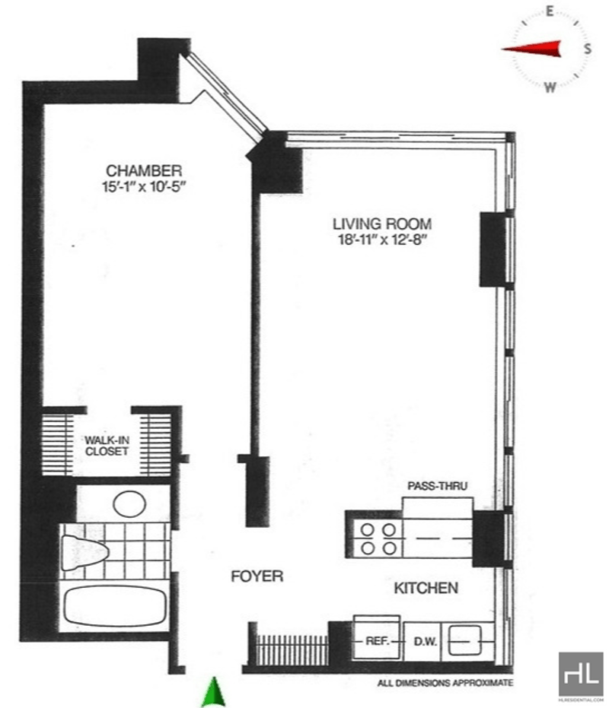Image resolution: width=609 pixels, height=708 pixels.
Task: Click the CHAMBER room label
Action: tap(144, 170)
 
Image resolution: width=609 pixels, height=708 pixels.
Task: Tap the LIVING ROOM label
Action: tap(382, 224)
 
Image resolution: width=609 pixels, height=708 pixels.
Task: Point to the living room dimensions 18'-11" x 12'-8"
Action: tap(382, 240)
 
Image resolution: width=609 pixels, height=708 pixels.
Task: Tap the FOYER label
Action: tap(257, 576)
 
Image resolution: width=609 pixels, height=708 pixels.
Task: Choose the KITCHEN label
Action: tap(426, 588)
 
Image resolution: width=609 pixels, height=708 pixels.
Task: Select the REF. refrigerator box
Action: tap(377, 640)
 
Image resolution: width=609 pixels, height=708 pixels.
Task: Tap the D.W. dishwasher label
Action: tap(425, 641)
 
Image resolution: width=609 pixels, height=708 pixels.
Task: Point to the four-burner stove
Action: tap(378, 538)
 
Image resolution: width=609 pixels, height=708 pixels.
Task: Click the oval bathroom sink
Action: tap(129, 503)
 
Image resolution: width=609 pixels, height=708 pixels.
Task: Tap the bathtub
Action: tap(114, 606)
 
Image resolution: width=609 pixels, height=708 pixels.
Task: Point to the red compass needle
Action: tap(532, 49)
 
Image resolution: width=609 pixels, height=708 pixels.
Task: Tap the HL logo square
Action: tap(581, 674)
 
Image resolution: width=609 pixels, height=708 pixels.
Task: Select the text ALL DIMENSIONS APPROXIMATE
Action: tap(445, 683)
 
